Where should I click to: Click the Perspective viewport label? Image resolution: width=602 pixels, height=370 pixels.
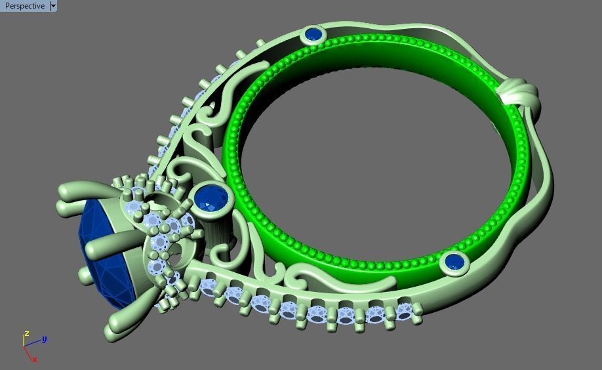point(25,6)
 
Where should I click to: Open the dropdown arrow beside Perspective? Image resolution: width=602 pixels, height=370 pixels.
point(53,6)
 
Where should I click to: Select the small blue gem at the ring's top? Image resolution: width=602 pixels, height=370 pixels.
point(313,34)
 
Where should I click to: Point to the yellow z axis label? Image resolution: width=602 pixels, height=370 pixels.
point(26,333)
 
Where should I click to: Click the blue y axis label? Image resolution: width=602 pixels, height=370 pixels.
point(44,339)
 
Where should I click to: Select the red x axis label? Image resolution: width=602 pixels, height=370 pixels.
point(34,360)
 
